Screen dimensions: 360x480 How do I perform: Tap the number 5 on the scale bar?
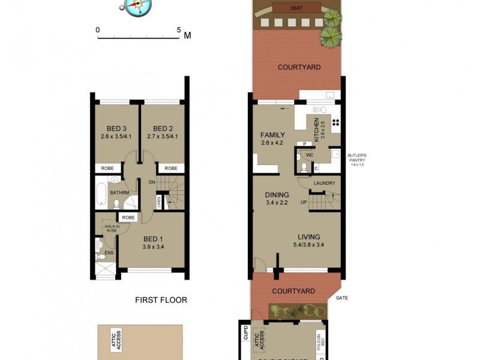tap(179, 29)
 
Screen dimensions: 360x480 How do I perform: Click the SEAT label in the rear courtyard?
tap(296, 8)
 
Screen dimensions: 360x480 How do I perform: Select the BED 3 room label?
tap(116, 128)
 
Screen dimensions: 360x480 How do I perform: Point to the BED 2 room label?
tap(163, 128)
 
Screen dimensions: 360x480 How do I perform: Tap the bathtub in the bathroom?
tap(102, 194)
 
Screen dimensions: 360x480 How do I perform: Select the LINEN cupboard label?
tap(158, 203)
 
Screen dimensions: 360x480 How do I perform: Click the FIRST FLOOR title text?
tap(161, 300)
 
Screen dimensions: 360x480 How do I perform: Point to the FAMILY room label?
tap(272, 135)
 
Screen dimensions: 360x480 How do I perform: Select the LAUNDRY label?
tap(324, 183)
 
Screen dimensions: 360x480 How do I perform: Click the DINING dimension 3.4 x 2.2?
tap(277, 203)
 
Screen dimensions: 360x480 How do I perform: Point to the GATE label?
tap(342, 298)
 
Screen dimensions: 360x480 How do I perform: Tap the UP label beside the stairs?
tap(304, 202)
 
